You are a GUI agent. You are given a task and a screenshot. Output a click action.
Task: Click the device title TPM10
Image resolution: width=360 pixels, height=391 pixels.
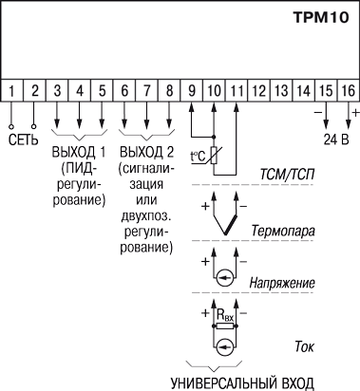click(x=321, y=17)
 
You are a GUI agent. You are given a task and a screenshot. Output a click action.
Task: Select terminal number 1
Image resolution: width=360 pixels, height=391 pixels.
click(x=11, y=90)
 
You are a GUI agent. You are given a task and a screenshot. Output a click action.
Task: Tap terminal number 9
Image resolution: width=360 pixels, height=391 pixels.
click(x=192, y=90)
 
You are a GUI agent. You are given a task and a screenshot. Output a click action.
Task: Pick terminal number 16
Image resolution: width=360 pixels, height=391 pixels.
click(x=349, y=90)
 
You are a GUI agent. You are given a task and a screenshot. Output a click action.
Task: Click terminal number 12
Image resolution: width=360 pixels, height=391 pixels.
click(x=258, y=90)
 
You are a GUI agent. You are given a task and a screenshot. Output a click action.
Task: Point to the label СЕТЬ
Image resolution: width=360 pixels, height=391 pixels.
click(x=23, y=140)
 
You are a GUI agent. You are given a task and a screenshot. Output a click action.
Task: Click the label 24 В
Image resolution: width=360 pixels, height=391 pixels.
click(x=336, y=140)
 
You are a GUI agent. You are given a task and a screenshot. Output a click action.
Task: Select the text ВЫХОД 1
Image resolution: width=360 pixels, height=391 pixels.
click(x=79, y=153)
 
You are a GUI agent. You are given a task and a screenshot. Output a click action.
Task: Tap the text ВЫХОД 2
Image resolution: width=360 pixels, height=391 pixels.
click(x=146, y=153)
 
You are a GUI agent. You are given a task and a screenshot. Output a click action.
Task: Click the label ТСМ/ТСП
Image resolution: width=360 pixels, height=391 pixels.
click(x=287, y=175)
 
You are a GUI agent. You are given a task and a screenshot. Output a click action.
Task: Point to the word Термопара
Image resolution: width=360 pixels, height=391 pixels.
click(x=283, y=231)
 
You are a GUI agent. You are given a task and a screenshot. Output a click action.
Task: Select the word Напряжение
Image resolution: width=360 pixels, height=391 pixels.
click(x=282, y=283)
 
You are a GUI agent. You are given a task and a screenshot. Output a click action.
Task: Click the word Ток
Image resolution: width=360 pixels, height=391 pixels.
click(x=304, y=346)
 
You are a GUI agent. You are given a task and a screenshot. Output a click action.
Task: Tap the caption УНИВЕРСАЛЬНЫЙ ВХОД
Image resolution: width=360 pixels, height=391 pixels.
click(x=242, y=383)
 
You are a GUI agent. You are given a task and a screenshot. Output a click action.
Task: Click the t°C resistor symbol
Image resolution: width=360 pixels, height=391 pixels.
click(x=214, y=156)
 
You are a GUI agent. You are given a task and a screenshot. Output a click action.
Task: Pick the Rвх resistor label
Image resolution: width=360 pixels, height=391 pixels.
click(x=225, y=315)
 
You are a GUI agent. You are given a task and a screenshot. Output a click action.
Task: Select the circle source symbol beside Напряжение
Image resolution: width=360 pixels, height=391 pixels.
click(x=225, y=278)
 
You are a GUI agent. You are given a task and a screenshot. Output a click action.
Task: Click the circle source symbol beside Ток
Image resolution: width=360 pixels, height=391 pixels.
click(x=225, y=346)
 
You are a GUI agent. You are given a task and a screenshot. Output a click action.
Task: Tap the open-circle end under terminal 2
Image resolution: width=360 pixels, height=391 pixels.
click(x=34, y=127)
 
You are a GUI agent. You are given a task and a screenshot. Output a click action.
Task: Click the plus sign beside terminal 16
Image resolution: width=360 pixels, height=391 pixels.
click(x=356, y=112)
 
